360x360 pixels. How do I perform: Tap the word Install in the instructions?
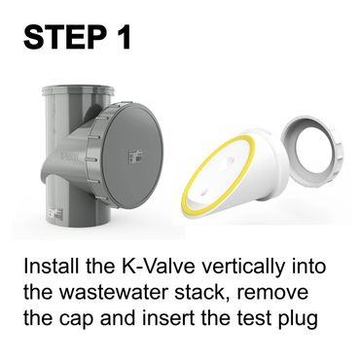[x=52, y=267]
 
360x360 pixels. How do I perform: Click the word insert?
[x=167, y=318]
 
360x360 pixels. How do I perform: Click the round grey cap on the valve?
[x=129, y=156]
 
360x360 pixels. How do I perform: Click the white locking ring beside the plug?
[x=311, y=151]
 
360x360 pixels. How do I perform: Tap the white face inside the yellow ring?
[x=218, y=174]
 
